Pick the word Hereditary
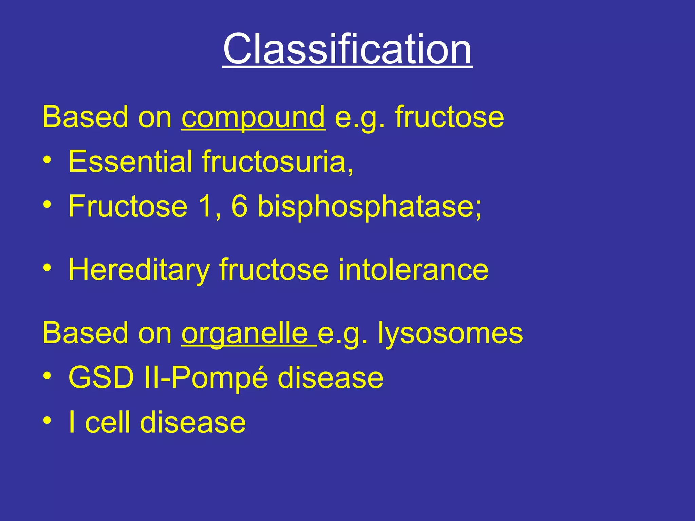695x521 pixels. (x=139, y=270)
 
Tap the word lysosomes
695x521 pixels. (x=450, y=333)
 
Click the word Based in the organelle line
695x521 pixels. (x=85, y=333)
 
